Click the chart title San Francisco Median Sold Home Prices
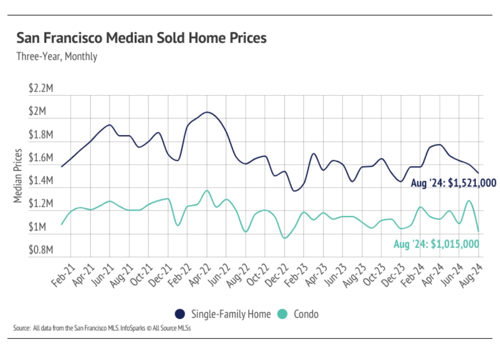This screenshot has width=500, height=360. click(x=142, y=38)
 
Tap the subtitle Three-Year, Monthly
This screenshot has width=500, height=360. click(x=57, y=56)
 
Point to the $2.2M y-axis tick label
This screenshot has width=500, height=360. click(x=41, y=89)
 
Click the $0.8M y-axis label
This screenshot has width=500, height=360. click(x=41, y=250)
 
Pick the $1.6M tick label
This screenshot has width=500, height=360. click(x=41, y=158)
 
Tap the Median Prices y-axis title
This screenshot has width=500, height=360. click(x=18, y=175)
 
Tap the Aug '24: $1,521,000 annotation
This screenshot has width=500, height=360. click(x=453, y=183)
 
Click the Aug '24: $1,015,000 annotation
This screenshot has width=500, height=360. click(x=436, y=244)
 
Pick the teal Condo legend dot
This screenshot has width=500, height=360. click(x=282, y=314)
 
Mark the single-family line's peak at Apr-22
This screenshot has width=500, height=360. click(x=206, y=112)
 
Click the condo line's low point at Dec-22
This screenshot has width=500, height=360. click(x=285, y=238)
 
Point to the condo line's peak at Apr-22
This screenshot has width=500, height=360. click(x=206, y=191)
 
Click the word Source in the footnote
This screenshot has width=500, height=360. click(x=22, y=328)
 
